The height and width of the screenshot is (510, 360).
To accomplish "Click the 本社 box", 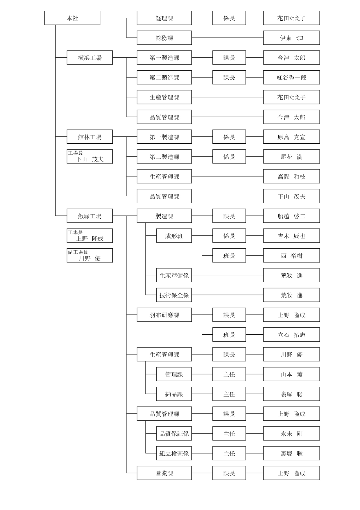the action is click(x=72, y=18).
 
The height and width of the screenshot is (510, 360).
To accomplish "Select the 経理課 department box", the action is click(x=164, y=18).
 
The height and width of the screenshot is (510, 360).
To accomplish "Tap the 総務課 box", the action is click(x=164, y=38).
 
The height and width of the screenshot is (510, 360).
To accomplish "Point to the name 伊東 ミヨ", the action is click(x=291, y=38).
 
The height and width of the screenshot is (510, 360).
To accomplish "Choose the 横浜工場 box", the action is click(x=90, y=58).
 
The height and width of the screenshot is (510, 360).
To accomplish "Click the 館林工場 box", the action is click(x=90, y=137).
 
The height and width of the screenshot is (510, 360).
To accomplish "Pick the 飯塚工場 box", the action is click(x=90, y=216).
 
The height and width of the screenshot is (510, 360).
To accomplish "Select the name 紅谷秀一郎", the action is click(x=291, y=77).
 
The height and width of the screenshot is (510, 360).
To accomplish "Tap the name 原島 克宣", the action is click(x=291, y=137).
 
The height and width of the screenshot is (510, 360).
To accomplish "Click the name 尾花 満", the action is click(x=291, y=156).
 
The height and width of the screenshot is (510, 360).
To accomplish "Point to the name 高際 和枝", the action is click(x=291, y=176).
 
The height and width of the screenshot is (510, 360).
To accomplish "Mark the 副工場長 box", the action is click(x=90, y=255).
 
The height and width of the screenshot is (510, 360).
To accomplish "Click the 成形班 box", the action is click(x=174, y=236).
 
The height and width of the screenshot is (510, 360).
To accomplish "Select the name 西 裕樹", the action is click(x=291, y=255).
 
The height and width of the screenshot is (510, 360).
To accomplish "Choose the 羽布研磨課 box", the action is click(x=164, y=315).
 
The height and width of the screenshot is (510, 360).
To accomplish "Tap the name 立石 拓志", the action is click(x=291, y=334).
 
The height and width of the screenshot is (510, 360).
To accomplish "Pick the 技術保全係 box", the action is click(x=174, y=295).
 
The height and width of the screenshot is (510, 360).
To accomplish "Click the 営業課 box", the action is click(x=164, y=473).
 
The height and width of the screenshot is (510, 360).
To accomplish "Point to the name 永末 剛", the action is click(x=291, y=433).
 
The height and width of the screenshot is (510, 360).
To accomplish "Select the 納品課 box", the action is click(x=174, y=394).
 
